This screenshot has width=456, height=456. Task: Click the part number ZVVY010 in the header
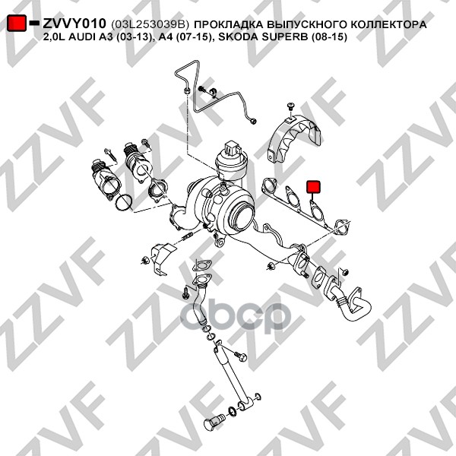74,24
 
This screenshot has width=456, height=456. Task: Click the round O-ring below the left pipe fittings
122,202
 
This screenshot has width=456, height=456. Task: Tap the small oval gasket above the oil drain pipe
203,265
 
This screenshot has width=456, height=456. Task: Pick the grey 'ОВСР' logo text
257,313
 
